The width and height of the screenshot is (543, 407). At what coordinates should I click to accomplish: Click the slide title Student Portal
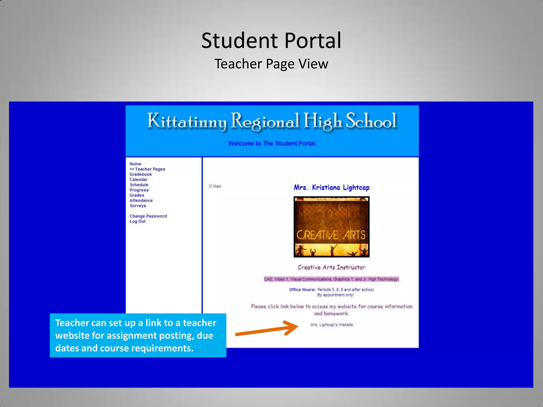click(x=271, y=41)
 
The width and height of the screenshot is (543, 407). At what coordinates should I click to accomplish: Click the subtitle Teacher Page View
click(x=271, y=64)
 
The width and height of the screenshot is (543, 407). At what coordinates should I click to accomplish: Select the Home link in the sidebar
click(x=135, y=164)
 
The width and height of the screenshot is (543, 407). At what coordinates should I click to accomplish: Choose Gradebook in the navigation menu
click(x=141, y=174)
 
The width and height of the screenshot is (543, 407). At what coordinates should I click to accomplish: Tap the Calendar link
click(x=138, y=180)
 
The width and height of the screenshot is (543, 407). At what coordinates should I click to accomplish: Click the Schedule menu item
click(x=139, y=185)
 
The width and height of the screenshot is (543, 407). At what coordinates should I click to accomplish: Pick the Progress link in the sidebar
click(x=139, y=190)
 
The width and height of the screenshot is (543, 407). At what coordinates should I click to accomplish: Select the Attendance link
click(x=141, y=201)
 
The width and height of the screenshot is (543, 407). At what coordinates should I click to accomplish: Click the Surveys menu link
click(x=138, y=206)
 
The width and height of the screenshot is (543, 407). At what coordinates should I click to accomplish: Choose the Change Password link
click(x=148, y=216)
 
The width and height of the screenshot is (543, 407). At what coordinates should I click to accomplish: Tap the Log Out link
click(x=137, y=222)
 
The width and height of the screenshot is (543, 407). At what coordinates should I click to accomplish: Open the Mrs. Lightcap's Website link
click(x=332, y=325)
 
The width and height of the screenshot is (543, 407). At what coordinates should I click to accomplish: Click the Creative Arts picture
click(x=331, y=227)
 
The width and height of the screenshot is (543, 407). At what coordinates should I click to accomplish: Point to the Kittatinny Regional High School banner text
click(x=272, y=121)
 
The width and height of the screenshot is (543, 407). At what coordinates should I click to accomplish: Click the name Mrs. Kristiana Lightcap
click(x=331, y=188)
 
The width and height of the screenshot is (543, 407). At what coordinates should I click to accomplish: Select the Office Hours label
click(x=302, y=290)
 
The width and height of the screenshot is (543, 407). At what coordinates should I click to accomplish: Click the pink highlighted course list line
click(x=331, y=279)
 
